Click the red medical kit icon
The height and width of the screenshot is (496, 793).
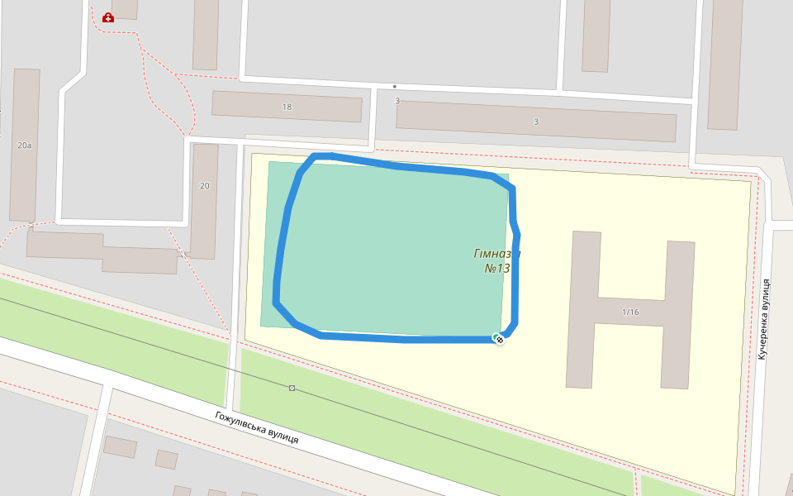click(x=108, y=17)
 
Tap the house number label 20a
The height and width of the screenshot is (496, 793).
click(x=24, y=145)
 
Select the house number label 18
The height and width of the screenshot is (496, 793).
click(x=287, y=107)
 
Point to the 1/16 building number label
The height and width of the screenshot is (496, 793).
click(x=630, y=312)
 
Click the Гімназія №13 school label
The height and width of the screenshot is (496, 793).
click(x=496, y=260)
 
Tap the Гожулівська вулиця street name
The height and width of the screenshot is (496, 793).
click(x=256, y=427)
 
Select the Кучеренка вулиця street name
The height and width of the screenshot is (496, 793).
click(x=765, y=318)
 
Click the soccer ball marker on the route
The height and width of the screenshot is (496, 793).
click(x=499, y=338)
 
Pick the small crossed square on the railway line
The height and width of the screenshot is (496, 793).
click(x=292, y=388)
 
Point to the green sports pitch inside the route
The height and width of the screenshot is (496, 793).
click(x=388, y=248)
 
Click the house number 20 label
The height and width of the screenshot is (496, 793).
click(x=205, y=186)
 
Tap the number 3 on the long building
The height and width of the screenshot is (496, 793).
click(x=536, y=122)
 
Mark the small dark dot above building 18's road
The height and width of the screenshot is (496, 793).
click(x=395, y=86)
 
